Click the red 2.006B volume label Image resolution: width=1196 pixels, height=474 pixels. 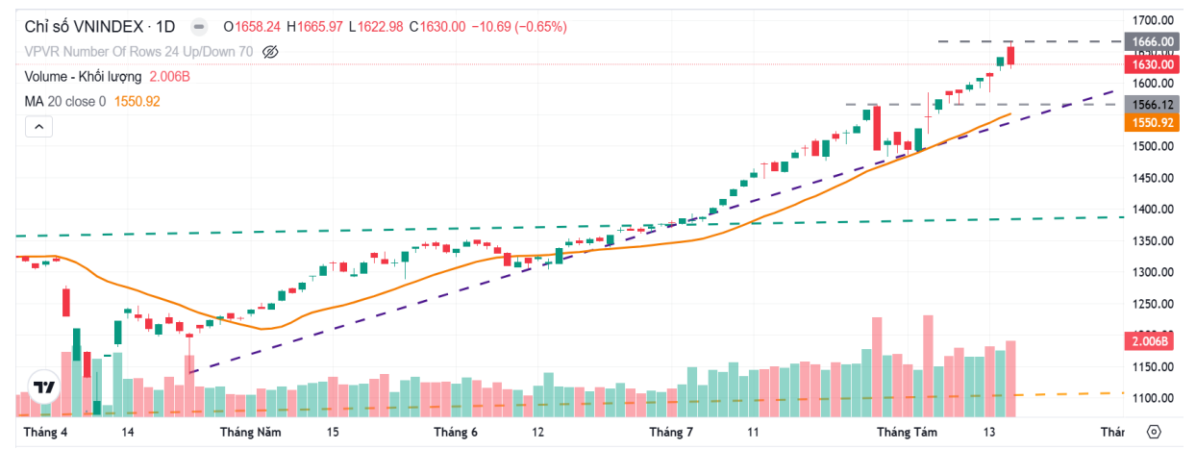click(1149, 341)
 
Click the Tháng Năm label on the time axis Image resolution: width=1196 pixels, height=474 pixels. click(250, 433)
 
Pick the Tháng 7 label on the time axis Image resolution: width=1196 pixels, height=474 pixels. click(671, 433)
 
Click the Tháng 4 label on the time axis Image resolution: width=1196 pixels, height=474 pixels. click(45, 433)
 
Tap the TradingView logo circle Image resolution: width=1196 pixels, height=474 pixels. click(43, 387)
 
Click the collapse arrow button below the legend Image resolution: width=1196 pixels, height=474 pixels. click(38, 126)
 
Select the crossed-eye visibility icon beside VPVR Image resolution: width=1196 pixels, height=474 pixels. click(270, 52)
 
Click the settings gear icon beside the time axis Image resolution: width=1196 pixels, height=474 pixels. click(1155, 433)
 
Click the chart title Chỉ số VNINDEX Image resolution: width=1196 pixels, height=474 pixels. click(86, 27)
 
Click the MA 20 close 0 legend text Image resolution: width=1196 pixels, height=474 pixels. click(65, 100)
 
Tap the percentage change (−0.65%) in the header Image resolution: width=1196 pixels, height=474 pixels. click(541, 27)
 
